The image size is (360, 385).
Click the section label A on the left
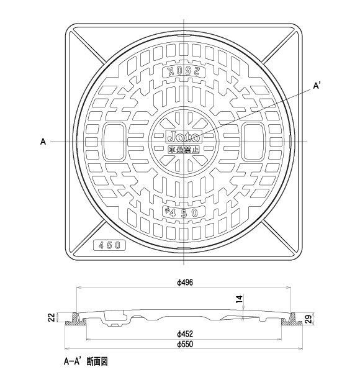[x=43, y=142]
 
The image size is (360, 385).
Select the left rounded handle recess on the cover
[x=112, y=142]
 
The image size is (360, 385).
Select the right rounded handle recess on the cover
[x=253, y=142]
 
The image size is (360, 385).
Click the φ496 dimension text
[x=184, y=283]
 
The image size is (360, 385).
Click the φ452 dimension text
[x=184, y=333]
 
